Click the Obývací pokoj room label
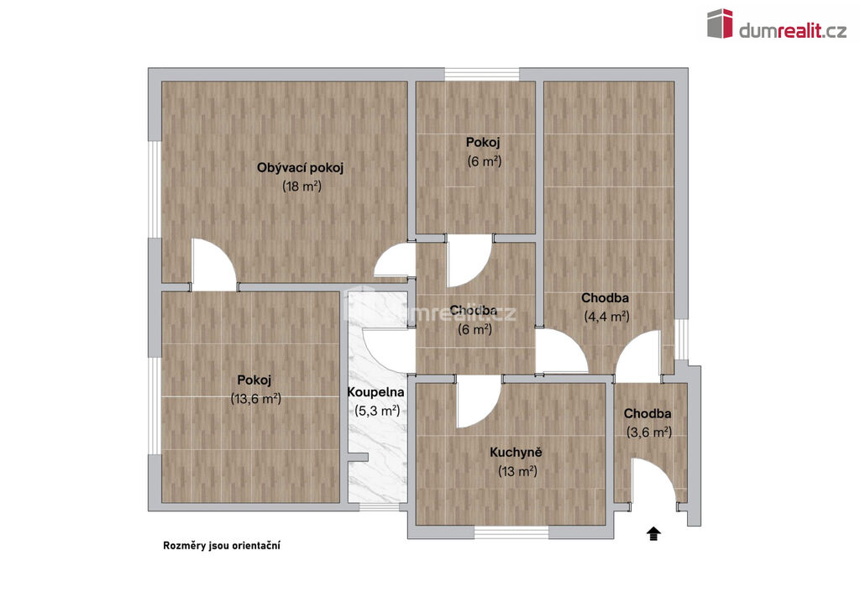(300, 168)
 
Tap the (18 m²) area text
(302, 186)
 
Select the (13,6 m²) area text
(255, 399)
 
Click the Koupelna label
(375, 392)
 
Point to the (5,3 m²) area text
(377, 411)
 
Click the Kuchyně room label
(517, 453)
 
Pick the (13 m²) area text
(517, 471)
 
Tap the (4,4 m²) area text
(606, 317)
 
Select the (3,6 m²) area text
(649, 432)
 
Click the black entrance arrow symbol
(653, 533)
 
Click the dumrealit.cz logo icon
(720, 23)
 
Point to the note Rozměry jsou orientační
(222, 546)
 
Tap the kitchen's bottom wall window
(511, 532)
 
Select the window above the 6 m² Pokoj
(481, 75)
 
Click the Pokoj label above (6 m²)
(483, 143)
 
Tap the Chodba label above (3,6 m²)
(648, 413)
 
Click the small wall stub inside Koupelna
(358, 457)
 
